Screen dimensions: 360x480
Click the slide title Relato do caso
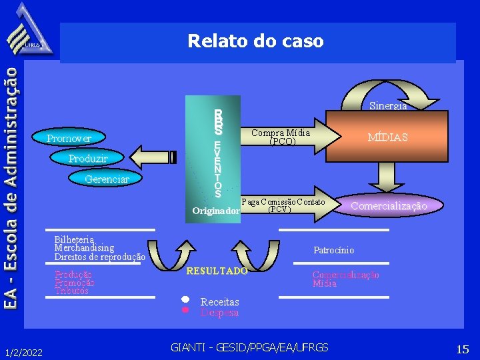click(255, 41)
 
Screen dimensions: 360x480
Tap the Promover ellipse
click(69, 139)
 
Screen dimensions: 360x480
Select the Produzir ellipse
click(88, 159)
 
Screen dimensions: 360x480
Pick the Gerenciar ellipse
click(107, 179)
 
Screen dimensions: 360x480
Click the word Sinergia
click(388, 105)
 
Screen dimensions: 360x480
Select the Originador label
click(215, 211)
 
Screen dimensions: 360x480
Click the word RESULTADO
click(217, 271)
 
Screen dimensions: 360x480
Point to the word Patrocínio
click(334, 251)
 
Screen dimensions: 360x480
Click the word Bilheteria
click(74, 239)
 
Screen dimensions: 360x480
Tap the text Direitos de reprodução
click(99, 257)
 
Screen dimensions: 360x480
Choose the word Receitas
click(219, 302)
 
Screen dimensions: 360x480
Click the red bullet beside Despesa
click(186, 310)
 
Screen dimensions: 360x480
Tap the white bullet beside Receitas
click(186, 299)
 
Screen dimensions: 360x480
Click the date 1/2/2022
click(23, 351)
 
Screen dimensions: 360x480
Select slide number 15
click(463, 349)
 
